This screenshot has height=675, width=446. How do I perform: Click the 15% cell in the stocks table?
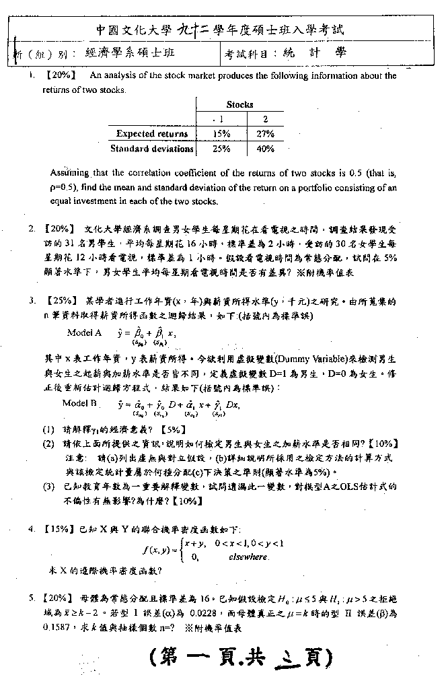(221, 134)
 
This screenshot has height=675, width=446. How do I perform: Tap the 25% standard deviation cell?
(221, 149)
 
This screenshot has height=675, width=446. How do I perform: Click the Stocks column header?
(240, 104)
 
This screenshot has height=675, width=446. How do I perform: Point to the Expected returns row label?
(152, 134)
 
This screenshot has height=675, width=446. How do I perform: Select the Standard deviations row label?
(152, 149)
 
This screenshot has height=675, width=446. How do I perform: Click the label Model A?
(84, 332)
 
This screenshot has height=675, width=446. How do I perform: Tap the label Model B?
(79, 404)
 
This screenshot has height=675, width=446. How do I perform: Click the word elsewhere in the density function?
(249, 557)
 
